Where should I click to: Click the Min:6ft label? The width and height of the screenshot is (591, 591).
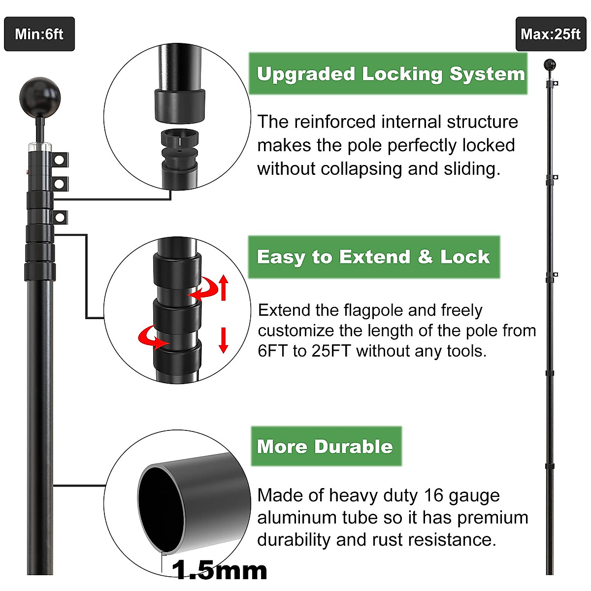pos(39,34)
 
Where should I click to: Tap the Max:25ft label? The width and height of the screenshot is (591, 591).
pos(551,34)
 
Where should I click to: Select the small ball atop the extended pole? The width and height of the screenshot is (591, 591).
pos(550,65)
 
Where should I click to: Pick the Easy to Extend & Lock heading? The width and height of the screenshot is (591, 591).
pos(373,257)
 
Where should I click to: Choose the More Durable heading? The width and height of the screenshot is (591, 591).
pos(325,447)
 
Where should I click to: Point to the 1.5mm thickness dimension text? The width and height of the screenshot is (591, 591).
pos(220,570)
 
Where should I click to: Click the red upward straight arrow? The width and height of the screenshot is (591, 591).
pos(224,288)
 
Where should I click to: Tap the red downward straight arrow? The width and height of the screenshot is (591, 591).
pos(224,340)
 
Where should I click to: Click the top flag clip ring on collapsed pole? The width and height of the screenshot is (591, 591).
pos(60,160)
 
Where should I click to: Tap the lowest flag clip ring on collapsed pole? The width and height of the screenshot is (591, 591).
pos(60,217)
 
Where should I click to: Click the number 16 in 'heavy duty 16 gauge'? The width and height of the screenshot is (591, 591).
pos(433,495)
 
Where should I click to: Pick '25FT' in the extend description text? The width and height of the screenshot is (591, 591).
pos(331,351)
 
